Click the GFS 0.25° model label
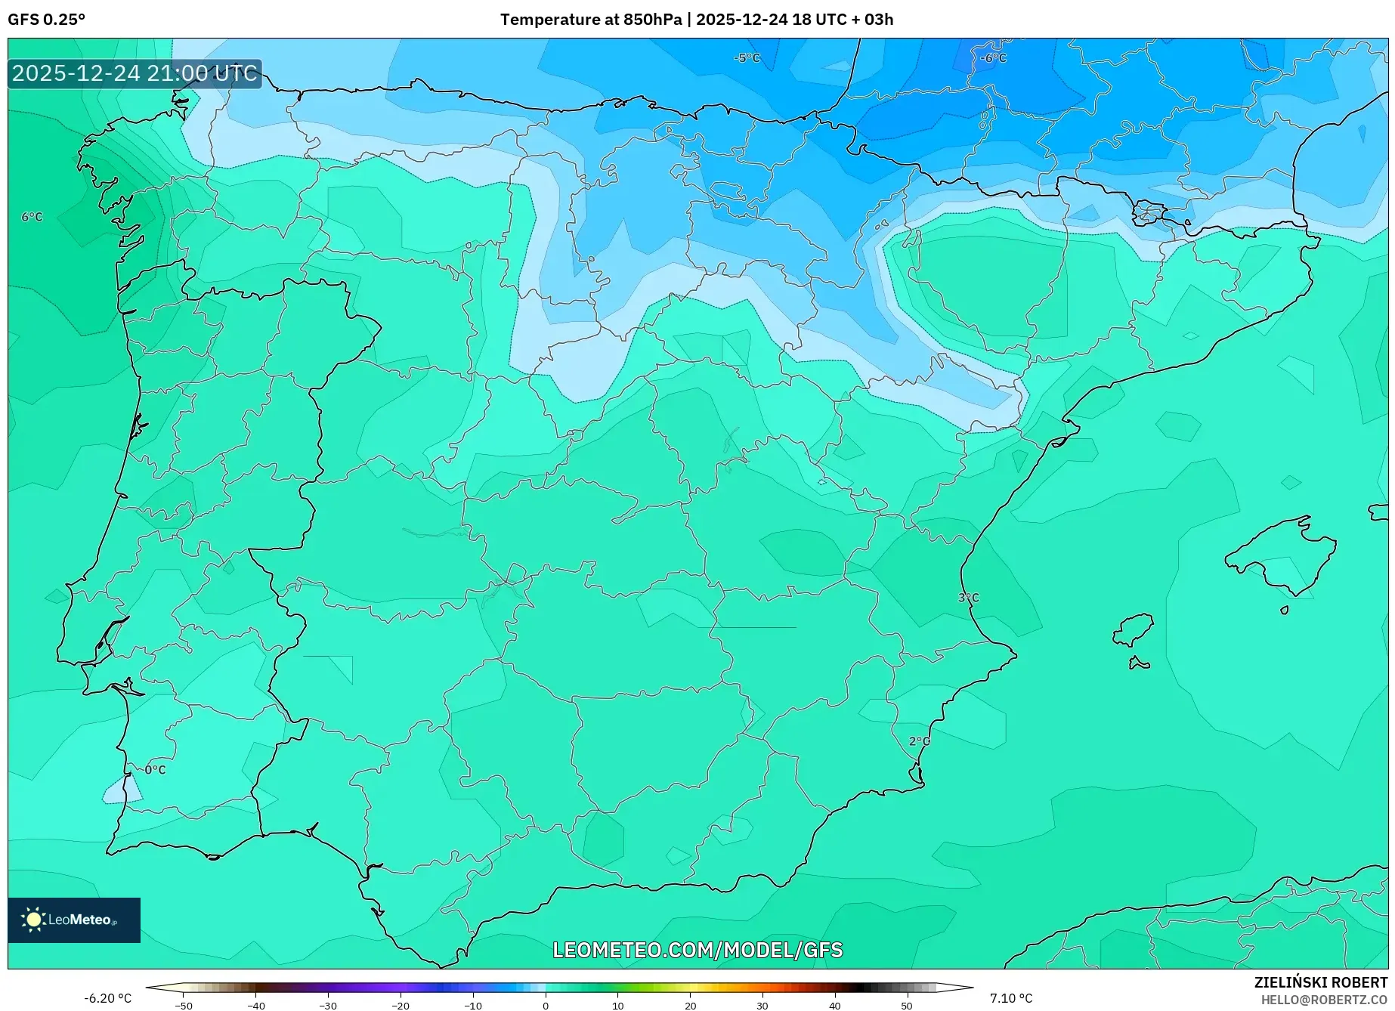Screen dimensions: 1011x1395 pos(46,20)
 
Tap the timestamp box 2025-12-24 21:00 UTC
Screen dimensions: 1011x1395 pos(135,73)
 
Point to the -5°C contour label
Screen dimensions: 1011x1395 pos(747,58)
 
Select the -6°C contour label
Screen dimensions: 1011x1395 pos(993,58)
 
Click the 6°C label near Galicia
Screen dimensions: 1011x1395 pos(32,217)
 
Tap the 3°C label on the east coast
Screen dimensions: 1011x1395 pos(968,598)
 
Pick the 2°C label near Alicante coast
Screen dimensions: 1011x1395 pos(919,741)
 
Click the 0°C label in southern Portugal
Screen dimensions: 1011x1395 pos(155,770)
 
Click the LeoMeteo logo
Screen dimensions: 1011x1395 pos(73,920)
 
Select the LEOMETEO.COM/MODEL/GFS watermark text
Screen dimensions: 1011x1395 pos(697,950)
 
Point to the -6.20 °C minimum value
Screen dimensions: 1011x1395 pos(107,998)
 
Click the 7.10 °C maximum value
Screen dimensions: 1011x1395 pos(1010,998)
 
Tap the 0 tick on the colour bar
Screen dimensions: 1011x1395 pos(546,1005)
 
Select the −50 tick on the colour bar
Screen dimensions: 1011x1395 pos(183,1005)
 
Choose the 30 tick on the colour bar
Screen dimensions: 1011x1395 pos(762,1005)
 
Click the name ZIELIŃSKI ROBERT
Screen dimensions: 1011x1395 pos(1320,982)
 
